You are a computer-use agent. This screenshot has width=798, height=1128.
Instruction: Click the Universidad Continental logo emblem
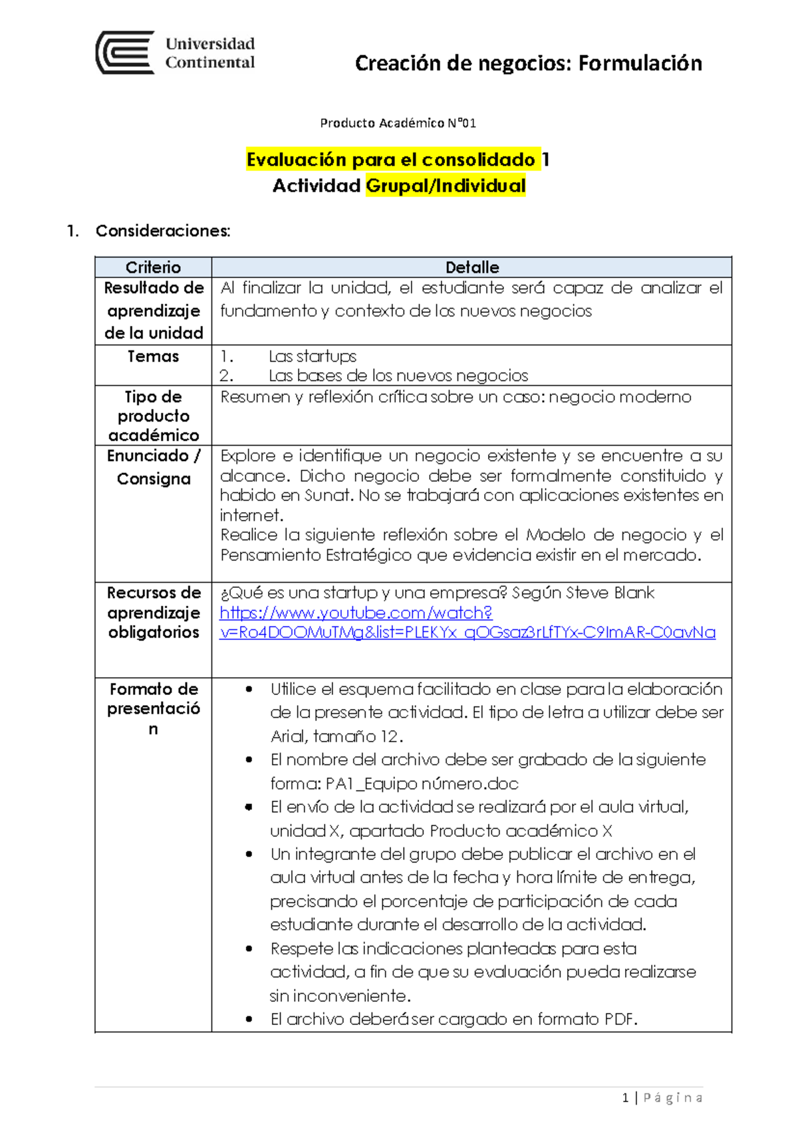125,53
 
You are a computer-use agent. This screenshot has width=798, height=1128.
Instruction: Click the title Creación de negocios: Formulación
528,63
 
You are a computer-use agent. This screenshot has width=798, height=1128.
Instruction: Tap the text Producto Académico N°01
398,123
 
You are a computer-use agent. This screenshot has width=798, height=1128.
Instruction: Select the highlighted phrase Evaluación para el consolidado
391,160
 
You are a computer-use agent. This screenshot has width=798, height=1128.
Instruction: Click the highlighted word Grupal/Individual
446,186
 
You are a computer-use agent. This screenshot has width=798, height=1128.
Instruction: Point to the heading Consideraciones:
163,231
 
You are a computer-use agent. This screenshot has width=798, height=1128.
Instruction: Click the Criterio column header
153,267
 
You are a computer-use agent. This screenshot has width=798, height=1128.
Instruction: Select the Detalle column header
471,267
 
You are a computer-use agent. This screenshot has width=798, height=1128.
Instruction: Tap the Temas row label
153,356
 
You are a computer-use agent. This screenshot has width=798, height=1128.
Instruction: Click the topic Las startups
313,356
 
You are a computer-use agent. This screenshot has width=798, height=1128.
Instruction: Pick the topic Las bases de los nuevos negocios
398,376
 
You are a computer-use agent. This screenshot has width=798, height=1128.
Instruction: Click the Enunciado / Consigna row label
153,467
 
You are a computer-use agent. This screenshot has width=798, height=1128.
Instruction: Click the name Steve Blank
610,593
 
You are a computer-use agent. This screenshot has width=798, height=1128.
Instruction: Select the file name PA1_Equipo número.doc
422,783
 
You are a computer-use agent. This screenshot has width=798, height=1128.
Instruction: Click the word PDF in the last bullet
618,1019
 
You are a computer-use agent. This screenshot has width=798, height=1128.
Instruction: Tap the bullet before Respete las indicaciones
249,949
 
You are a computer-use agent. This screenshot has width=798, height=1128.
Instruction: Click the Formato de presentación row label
153,708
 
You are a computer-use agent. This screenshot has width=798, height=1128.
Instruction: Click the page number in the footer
625,1098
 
